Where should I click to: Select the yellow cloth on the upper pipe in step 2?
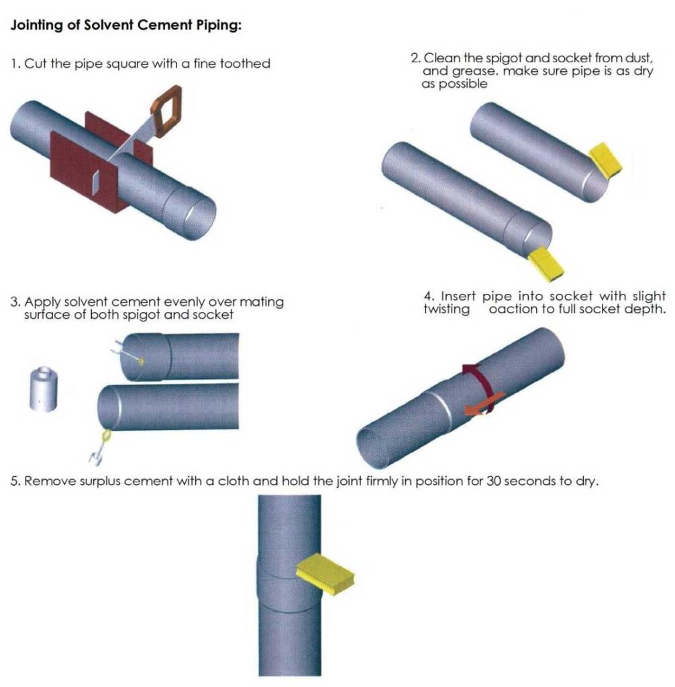point(606,161)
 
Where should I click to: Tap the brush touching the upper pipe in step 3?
point(127,352)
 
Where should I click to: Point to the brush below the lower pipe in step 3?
point(99,449)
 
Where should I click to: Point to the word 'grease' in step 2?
point(463,72)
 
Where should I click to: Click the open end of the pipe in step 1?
point(201,219)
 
